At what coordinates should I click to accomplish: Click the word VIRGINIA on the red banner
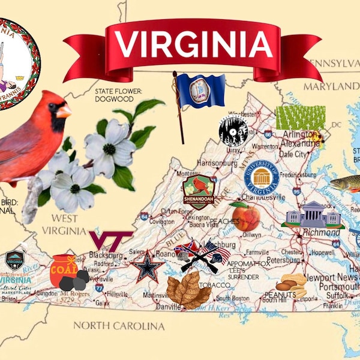(x=193, y=43)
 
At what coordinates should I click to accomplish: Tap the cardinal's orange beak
(x=64, y=111)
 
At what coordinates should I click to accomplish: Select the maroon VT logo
(x=110, y=241)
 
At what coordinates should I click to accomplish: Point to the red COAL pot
(x=64, y=270)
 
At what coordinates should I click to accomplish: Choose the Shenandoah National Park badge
(x=199, y=190)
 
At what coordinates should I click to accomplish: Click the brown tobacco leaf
(x=188, y=291)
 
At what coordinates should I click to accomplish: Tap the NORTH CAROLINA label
(x=119, y=326)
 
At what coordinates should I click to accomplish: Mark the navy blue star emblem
(x=148, y=267)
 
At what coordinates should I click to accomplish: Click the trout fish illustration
(x=347, y=184)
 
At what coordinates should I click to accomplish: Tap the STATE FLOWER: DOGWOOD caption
(x=118, y=95)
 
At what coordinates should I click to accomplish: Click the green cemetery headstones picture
(x=301, y=118)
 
